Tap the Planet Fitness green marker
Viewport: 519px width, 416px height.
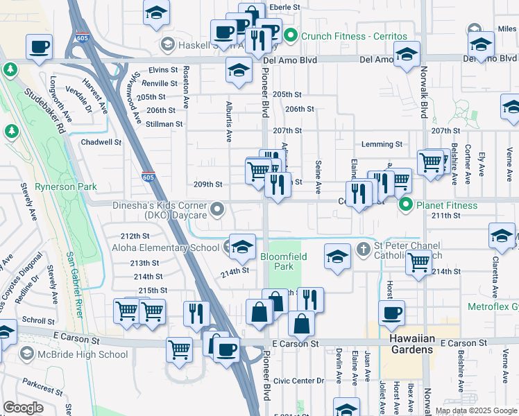(405, 205)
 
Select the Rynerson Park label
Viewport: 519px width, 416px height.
(66, 187)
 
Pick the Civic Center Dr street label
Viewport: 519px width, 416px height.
(298, 381)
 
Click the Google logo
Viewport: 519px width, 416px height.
(23, 408)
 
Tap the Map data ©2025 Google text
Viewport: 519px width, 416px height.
(476, 411)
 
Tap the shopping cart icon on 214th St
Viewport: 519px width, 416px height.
(419, 263)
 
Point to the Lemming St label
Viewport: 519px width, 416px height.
(382, 144)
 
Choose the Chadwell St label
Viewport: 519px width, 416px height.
(101, 142)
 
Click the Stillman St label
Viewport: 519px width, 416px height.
(164, 124)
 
